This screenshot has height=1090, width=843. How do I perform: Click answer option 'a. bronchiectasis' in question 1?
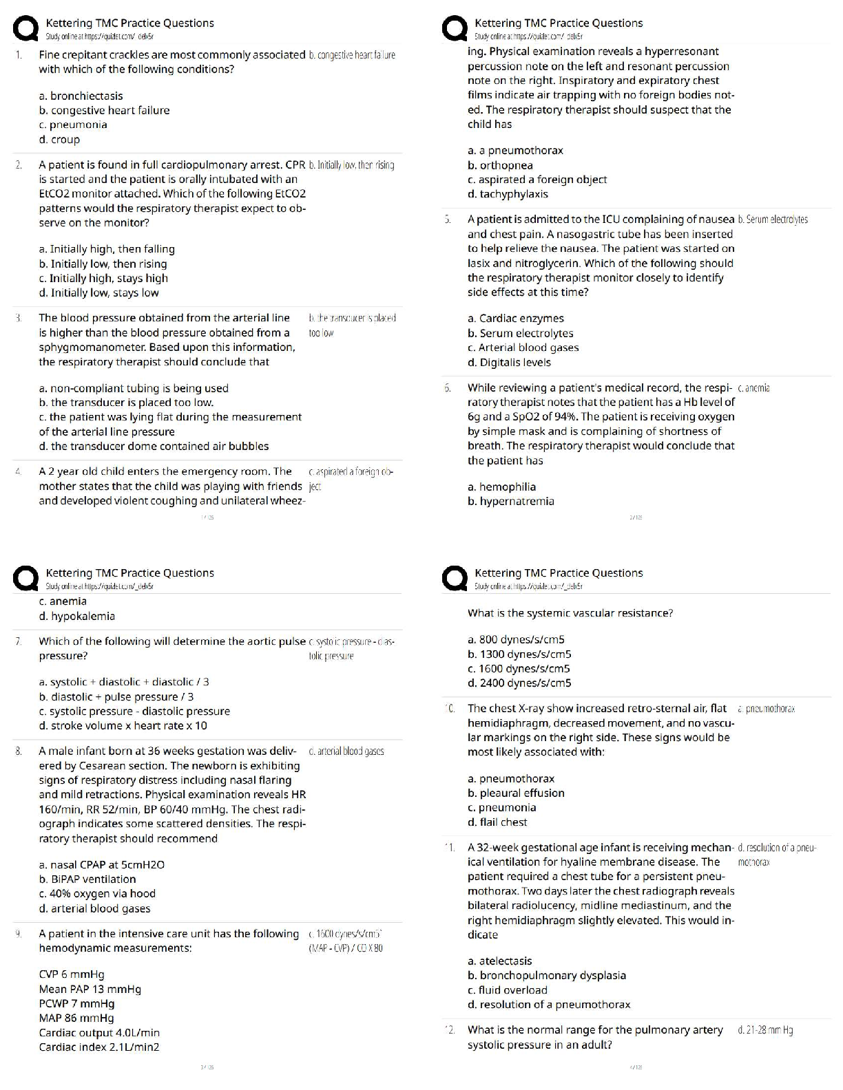click(81, 96)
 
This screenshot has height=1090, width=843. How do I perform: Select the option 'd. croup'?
click(59, 139)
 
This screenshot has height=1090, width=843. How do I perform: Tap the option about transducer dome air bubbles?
click(154, 446)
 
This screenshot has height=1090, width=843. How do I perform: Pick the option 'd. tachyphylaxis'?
click(508, 194)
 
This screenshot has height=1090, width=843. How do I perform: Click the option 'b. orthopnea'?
click(500, 165)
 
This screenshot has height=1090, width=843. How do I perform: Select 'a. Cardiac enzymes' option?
click(515, 319)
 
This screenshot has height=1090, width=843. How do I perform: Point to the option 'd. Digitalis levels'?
click(509, 362)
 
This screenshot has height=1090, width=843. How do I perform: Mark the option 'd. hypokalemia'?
click(77, 616)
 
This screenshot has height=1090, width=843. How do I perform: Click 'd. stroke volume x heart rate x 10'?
click(123, 725)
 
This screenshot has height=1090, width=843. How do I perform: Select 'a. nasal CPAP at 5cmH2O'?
click(102, 864)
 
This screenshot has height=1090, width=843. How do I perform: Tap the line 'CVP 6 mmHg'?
click(72, 974)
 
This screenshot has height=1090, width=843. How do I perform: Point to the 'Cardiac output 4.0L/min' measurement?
click(99, 1032)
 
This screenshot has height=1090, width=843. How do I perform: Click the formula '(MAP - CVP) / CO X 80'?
click(346, 948)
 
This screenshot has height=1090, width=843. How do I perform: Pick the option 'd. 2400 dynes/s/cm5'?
click(519, 683)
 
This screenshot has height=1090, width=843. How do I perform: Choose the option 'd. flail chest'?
click(497, 822)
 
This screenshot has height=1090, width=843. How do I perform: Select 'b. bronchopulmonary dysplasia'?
click(547, 975)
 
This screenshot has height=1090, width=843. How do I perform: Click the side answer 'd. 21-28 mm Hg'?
click(764, 1030)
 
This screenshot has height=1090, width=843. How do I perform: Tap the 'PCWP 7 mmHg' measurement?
click(76, 1003)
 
